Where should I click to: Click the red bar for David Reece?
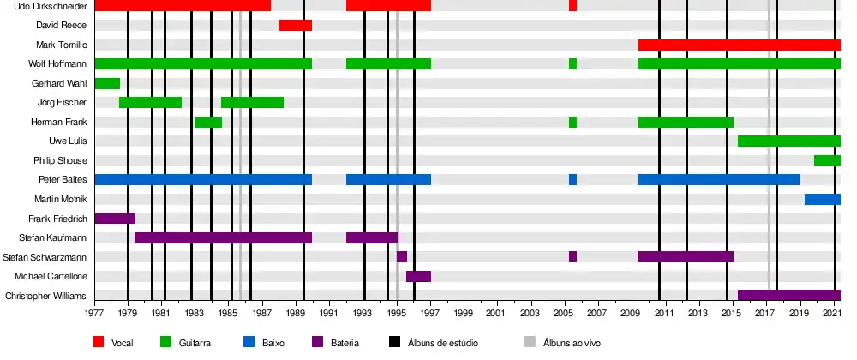point(295,25)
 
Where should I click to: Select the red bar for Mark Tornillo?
point(739,45)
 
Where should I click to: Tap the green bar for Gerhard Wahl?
point(107,83)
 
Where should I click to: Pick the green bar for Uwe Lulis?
point(788,141)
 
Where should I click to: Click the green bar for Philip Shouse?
point(827,160)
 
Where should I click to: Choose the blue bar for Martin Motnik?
point(822,199)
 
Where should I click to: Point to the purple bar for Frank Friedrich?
point(115,218)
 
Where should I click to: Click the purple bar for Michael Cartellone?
point(418,276)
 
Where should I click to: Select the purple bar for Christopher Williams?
point(788,295)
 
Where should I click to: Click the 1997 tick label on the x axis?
point(430,315)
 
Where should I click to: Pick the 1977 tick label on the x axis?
point(94,315)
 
